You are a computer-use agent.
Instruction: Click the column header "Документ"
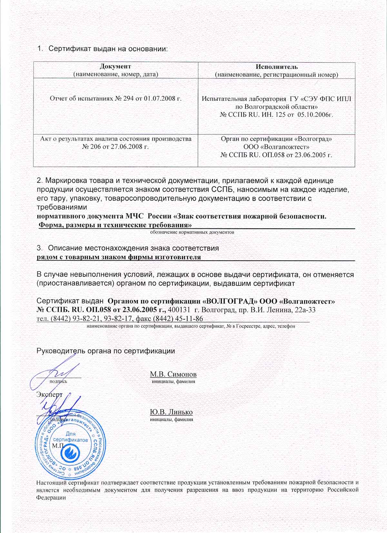[x=115, y=67]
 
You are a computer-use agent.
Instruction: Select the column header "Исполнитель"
[x=277, y=67]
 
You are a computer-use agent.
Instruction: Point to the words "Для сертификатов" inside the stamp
[x=70, y=437]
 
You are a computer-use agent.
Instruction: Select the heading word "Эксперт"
[x=49, y=394]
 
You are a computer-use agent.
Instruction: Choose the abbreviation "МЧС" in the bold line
[x=136, y=216]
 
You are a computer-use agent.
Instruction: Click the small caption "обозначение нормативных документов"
[x=192, y=232]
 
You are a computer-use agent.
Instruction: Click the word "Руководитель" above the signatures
[x=60, y=351]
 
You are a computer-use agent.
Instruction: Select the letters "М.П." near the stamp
[x=58, y=445]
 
